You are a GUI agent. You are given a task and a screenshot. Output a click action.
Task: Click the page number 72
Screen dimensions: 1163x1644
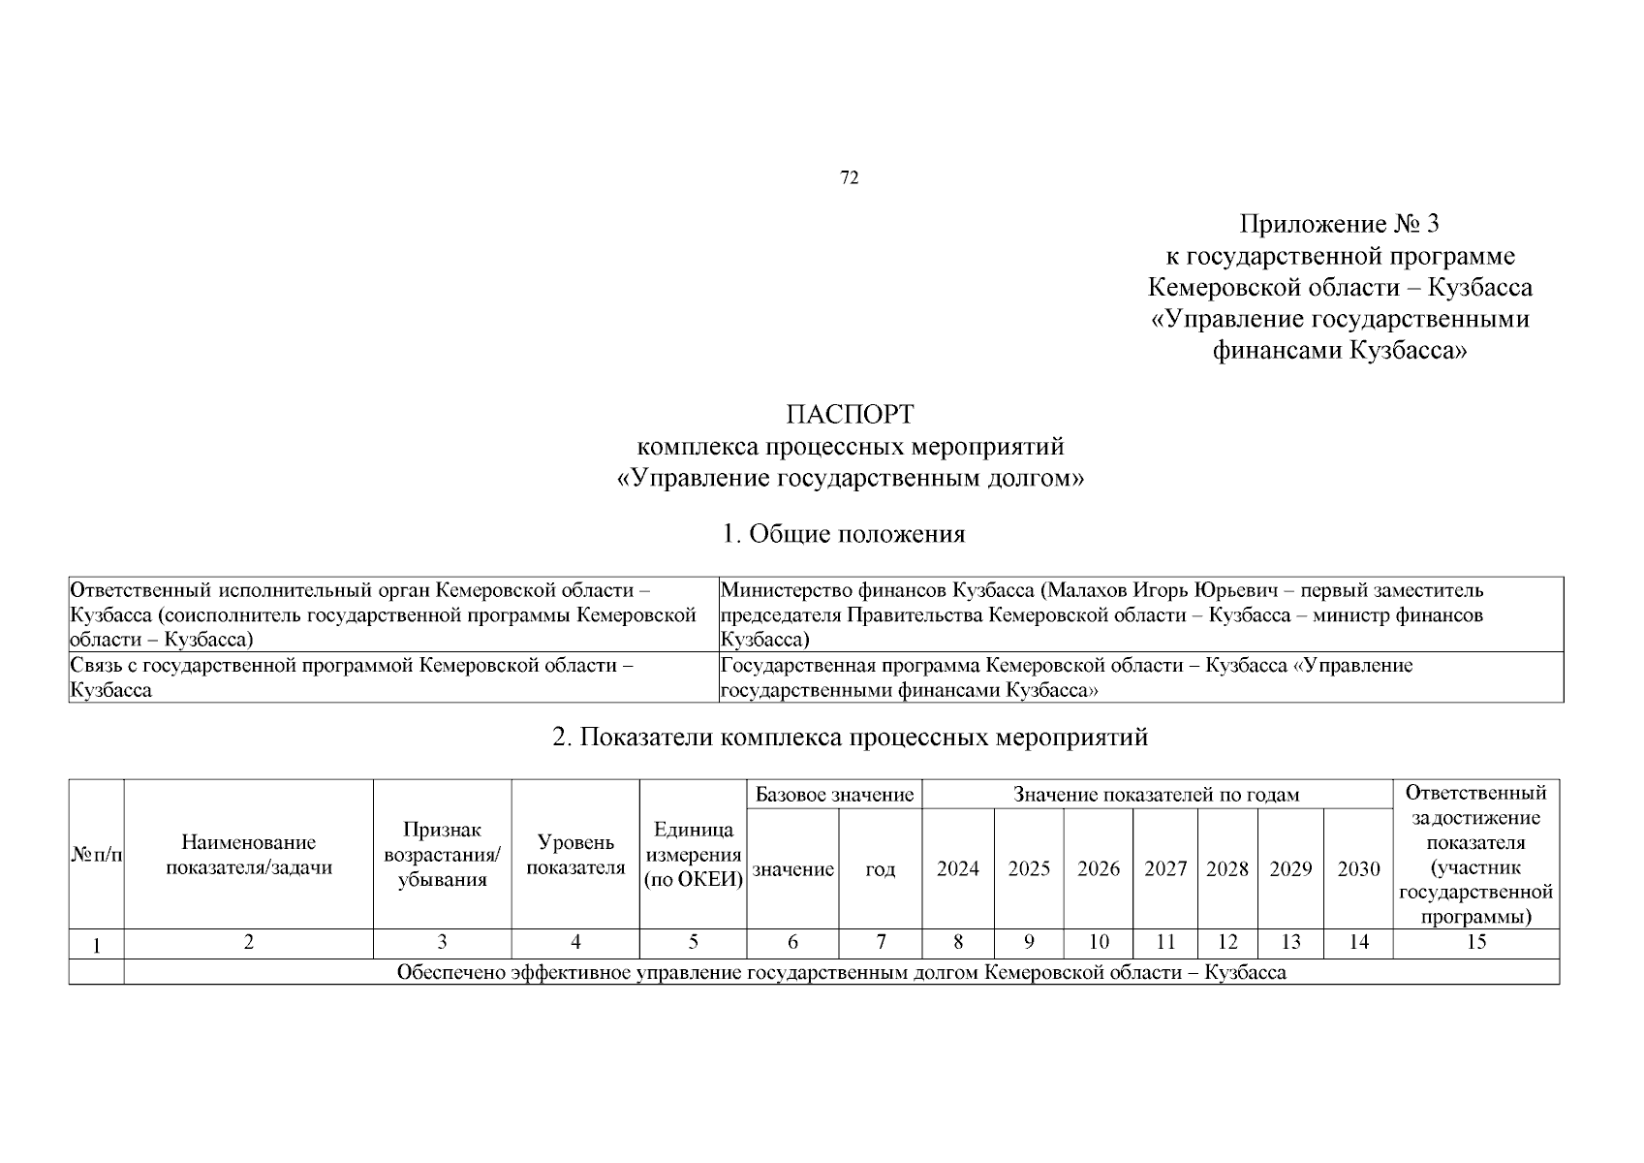(849, 177)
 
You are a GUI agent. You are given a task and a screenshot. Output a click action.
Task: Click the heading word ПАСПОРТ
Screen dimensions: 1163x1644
(850, 415)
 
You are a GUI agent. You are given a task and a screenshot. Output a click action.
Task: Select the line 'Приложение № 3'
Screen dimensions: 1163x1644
(1340, 225)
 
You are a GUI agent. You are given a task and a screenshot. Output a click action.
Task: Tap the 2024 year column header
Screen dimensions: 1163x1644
(957, 869)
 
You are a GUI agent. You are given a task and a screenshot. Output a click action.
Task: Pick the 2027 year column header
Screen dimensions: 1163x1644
(1165, 869)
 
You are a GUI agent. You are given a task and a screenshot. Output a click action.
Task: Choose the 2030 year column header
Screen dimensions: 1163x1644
(1358, 869)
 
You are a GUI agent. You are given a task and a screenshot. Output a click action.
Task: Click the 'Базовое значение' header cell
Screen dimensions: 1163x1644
(834, 795)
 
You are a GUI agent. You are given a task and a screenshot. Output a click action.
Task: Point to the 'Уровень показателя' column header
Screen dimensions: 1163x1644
(575, 855)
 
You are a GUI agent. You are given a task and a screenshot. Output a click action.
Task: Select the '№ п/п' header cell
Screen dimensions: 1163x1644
(97, 855)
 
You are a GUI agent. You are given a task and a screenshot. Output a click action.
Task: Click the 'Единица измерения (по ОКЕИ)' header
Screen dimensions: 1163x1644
(693, 855)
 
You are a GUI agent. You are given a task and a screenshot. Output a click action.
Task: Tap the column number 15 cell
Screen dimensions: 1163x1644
(1475, 942)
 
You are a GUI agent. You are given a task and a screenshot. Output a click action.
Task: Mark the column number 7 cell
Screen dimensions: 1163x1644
(880, 942)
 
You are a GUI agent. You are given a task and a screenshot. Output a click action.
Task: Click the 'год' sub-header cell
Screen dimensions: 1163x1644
(880, 869)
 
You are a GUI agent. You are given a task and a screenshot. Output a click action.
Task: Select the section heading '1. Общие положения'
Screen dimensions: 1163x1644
(844, 534)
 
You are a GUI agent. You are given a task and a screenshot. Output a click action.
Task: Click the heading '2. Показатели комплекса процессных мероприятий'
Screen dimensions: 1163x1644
(850, 738)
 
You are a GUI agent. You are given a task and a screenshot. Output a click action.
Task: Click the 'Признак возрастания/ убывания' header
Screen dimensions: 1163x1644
(443, 855)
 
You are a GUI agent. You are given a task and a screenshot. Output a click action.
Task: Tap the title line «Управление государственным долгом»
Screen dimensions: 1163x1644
(850, 479)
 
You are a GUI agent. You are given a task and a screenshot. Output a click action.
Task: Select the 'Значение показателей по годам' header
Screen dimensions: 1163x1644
(1156, 795)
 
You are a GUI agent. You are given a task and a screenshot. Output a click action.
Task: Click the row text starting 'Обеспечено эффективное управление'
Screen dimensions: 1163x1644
(841, 972)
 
